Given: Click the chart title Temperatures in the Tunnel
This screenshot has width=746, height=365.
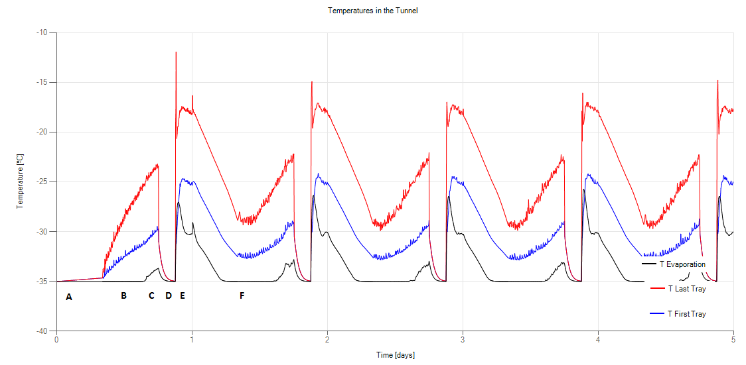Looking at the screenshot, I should click(x=372, y=11).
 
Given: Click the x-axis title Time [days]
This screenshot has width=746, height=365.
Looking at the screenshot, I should click(x=395, y=355).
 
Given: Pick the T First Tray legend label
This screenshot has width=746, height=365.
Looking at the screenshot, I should click(x=687, y=313).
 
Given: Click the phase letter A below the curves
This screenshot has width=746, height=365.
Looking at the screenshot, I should click(x=68, y=297).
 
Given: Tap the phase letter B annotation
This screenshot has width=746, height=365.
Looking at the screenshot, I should click(x=123, y=295).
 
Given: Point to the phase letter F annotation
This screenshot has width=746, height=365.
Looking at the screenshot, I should click(x=242, y=295).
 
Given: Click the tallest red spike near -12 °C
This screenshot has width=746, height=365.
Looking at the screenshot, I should click(x=176, y=53).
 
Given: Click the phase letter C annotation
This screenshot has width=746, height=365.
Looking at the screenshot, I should click(x=151, y=295).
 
